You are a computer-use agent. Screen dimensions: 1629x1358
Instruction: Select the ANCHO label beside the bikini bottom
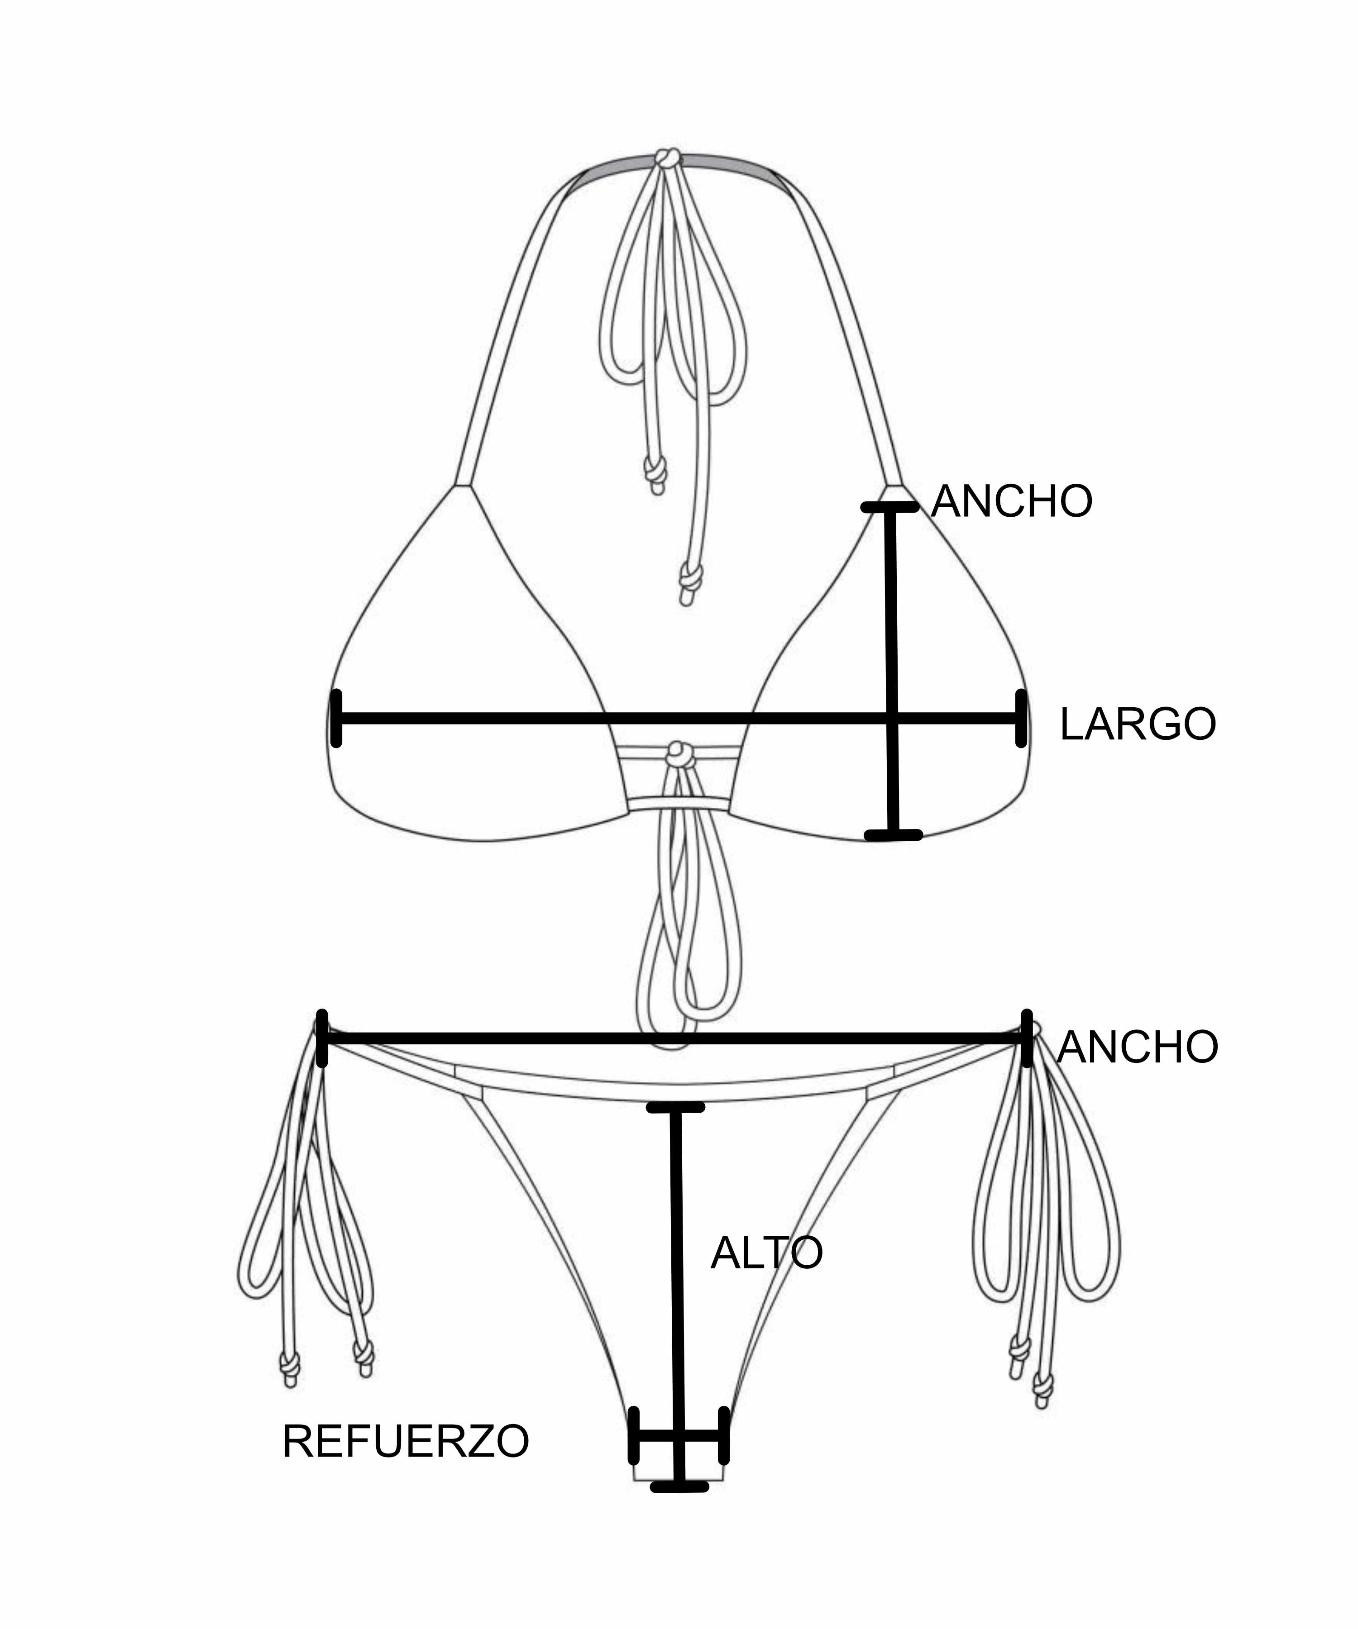pyautogui.click(x=1137, y=1047)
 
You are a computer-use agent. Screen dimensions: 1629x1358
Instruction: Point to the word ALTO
pyautogui.click(x=766, y=1253)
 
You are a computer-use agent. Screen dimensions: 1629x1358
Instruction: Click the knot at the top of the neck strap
pyautogui.click(x=667, y=158)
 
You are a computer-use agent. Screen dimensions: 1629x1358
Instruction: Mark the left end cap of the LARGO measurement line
pyautogui.click(x=336, y=718)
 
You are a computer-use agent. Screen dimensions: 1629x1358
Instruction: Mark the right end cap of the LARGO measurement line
pyautogui.click(x=1021, y=718)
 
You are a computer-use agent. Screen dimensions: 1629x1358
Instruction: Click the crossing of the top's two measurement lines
pyautogui.click(x=892, y=718)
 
